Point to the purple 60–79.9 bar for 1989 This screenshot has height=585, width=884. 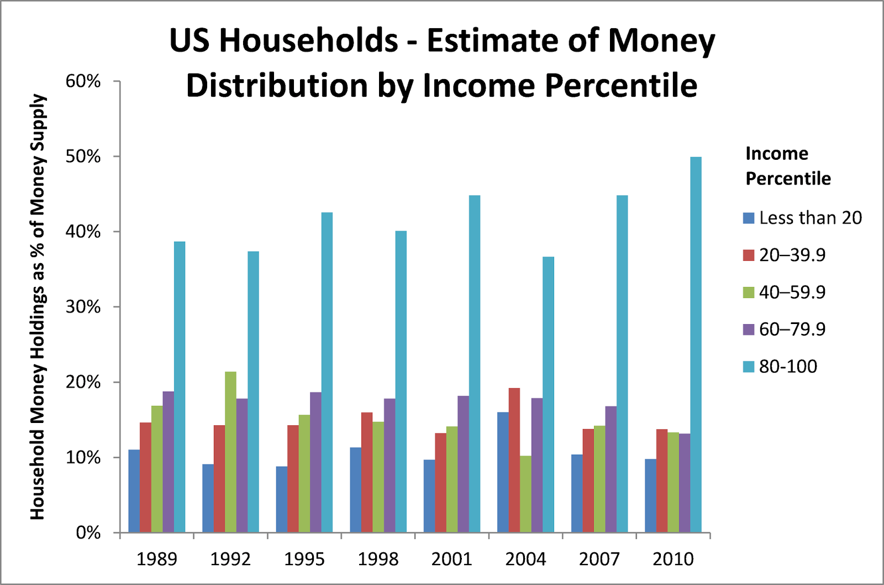coord(168,462)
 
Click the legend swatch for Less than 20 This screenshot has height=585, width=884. coord(749,218)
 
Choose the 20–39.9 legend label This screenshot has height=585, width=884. coord(792,255)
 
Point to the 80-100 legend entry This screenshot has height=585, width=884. coord(788,366)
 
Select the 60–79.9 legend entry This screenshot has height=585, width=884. coord(792,329)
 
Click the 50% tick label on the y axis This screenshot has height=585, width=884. coord(83,156)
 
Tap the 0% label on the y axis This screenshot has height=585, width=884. coord(88,532)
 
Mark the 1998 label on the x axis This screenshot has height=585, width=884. coord(378,559)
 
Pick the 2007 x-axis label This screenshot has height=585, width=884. coord(599,559)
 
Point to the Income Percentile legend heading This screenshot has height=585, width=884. coord(788,166)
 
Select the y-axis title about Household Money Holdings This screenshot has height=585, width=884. coord(37,307)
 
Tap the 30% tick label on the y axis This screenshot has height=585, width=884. coord(83,307)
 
